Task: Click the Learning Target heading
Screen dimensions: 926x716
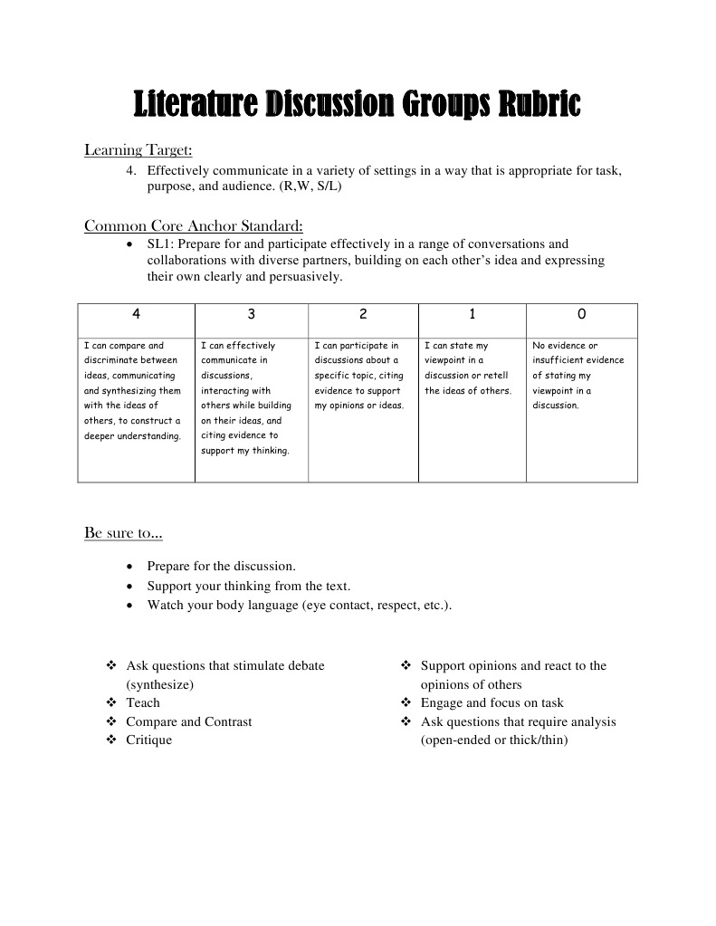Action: (x=138, y=149)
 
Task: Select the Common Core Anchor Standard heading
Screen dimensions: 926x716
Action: (x=193, y=225)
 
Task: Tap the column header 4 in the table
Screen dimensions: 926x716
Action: (x=136, y=314)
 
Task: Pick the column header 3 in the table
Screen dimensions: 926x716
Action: (x=251, y=314)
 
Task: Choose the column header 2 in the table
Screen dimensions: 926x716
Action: (x=363, y=314)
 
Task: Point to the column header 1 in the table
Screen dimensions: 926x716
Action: (x=472, y=314)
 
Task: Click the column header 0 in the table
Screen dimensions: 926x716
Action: (x=581, y=314)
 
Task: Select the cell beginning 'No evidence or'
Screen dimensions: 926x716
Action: (x=578, y=375)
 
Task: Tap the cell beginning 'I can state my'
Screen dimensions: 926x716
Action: (x=468, y=368)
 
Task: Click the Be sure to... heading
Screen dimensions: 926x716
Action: (x=123, y=533)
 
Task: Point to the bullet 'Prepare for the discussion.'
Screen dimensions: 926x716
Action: (x=221, y=567)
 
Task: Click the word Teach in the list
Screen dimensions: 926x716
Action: (x=142, y=702)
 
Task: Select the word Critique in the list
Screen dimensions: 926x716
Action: (x=148, y=740)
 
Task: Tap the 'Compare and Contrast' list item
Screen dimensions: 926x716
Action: (x=188, y=721)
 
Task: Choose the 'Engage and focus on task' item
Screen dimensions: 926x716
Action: (x=492, y=702)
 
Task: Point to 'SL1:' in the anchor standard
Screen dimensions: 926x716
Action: (x=162, y=243)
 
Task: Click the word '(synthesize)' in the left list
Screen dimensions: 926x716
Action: (x=160, y=684)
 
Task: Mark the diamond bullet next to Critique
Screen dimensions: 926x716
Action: (x=111, y=740)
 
